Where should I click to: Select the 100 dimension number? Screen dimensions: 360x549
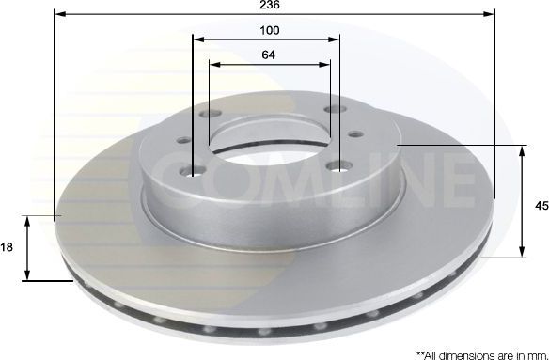[271, 30]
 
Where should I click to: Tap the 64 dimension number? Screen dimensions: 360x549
[269, 55]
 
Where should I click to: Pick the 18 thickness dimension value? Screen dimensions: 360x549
[8, 247]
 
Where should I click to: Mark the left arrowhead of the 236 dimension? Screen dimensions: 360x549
[59, 14]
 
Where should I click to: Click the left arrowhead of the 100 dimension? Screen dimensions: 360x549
[197, 39]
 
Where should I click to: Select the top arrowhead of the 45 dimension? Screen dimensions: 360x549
[524, 150]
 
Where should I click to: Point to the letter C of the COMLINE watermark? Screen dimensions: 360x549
[174, 173]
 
